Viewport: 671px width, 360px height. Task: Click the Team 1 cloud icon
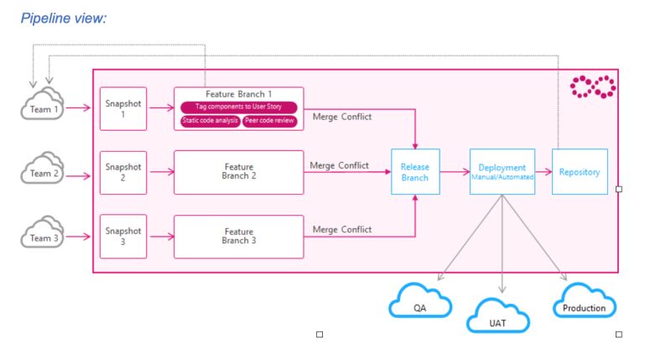click(x=41, y=107)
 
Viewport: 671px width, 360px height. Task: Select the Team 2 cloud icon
click(x=41, y=171)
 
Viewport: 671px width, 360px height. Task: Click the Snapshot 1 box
click(x=122, y=108)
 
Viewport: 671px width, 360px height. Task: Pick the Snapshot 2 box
click(x=122, y=172)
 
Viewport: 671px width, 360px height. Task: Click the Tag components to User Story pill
click(x=238, y=107)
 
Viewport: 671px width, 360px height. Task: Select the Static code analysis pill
click(x=209, y=121)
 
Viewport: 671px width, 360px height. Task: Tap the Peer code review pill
click(x=269, y=121)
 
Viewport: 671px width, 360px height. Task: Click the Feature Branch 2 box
click(x=238, y=172)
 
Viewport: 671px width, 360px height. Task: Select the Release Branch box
click(x=415, y=172)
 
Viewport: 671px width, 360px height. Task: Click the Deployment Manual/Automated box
click(x=502, y=171)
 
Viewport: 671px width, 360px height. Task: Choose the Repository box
click(x=579, y=172)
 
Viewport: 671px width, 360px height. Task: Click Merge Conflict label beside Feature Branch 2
click(x=339, y=165)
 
